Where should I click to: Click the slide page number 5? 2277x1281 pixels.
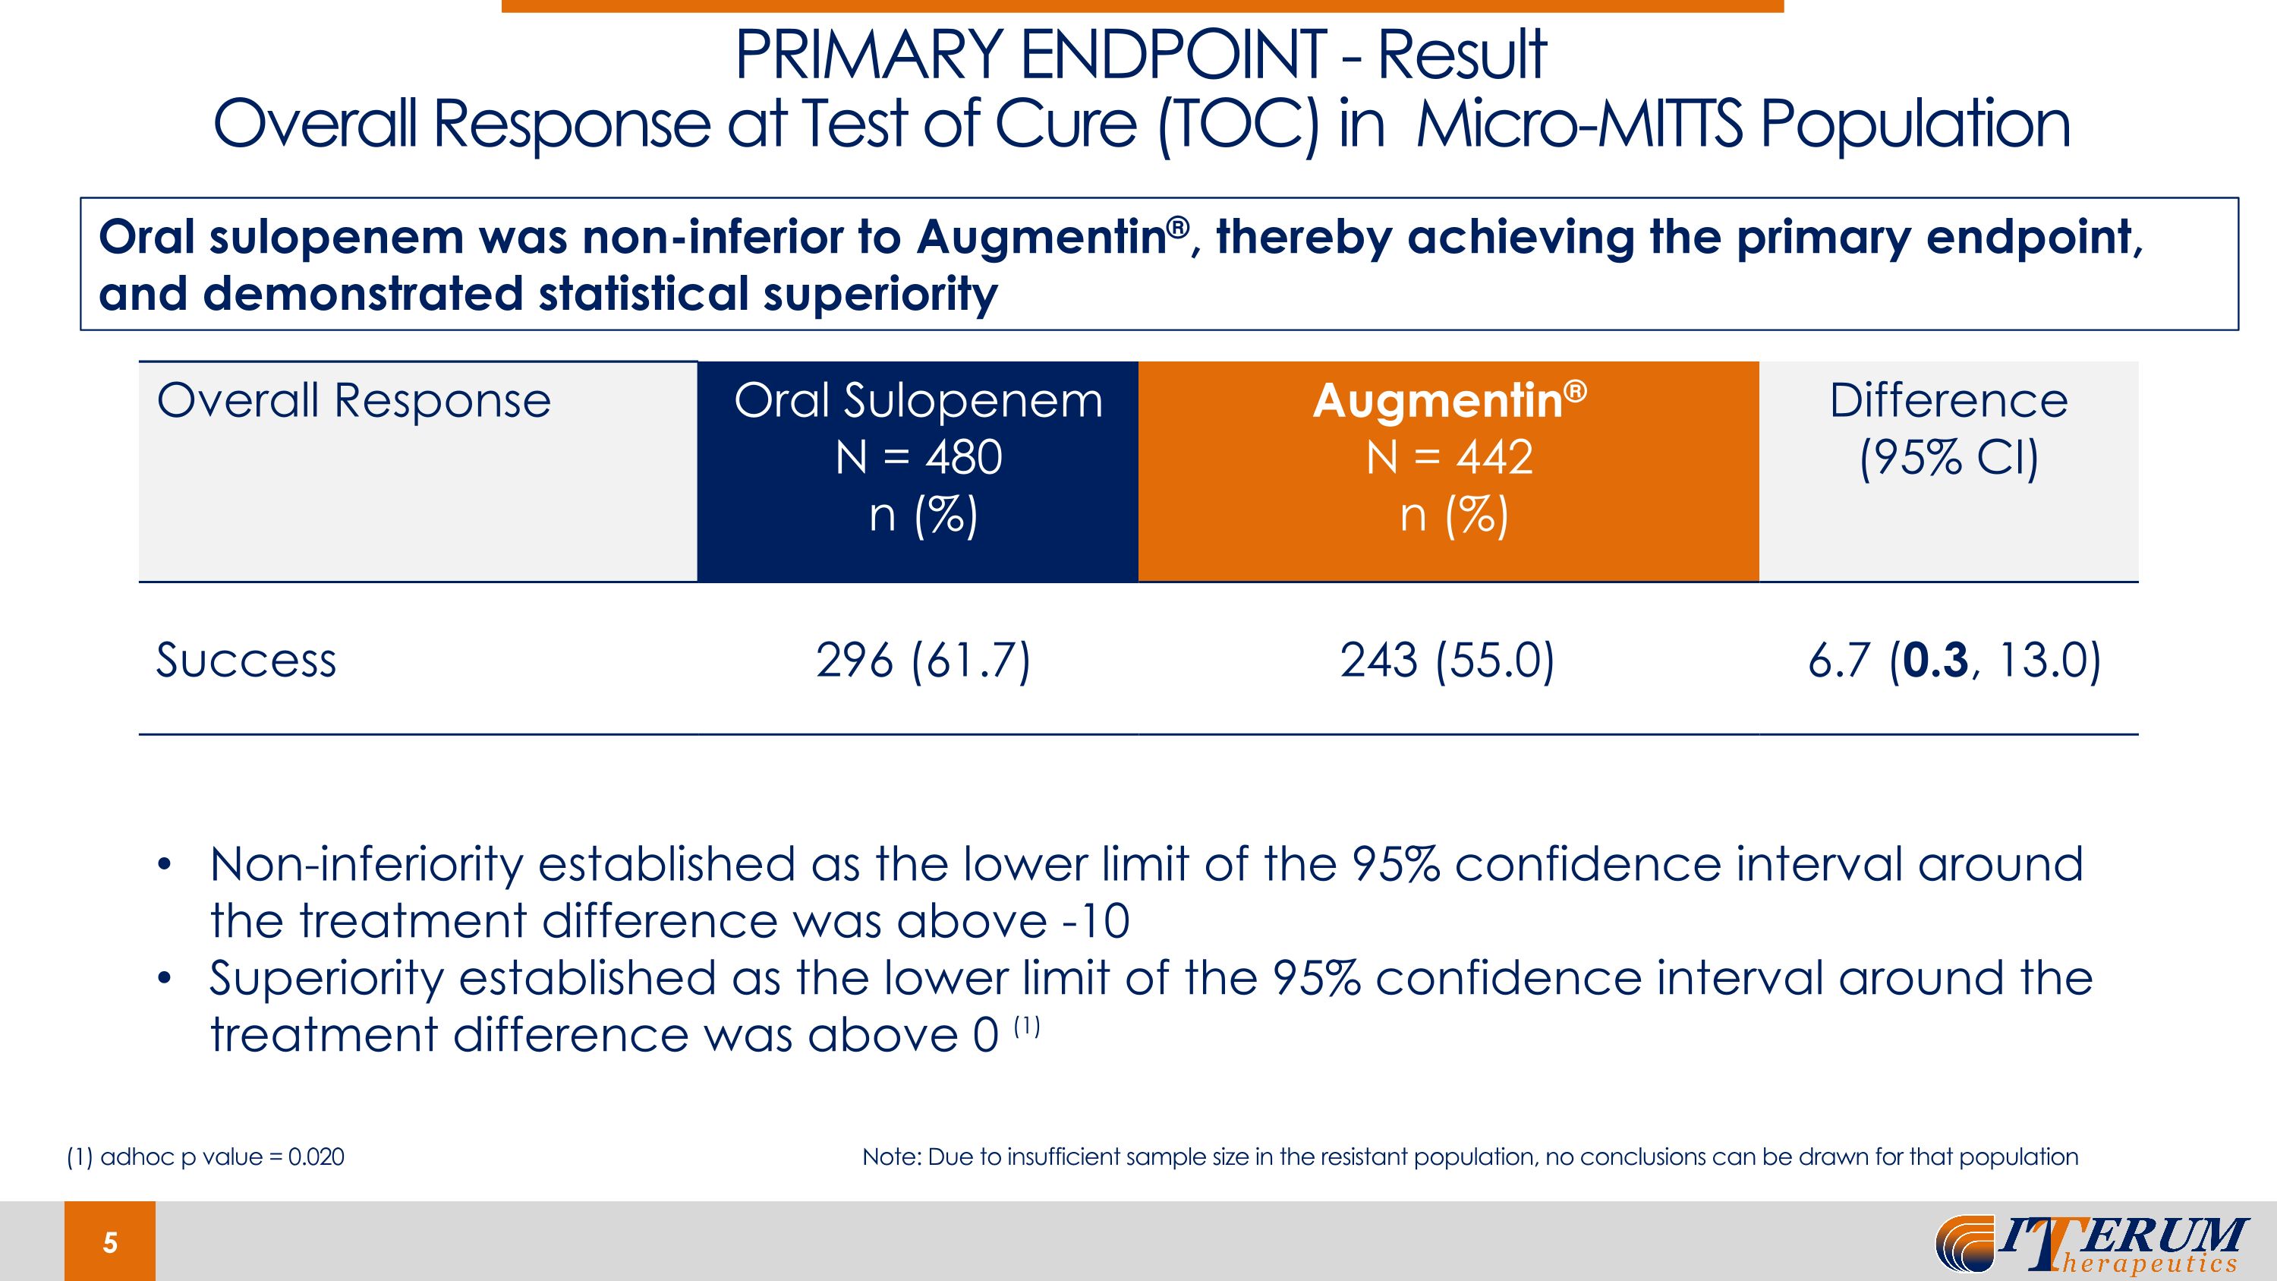(109, 1242)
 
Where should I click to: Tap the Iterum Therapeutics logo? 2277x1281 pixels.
(2091, 1244)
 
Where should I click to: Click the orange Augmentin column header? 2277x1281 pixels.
(1449, 472)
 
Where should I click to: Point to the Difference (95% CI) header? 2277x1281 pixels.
(1949, 430)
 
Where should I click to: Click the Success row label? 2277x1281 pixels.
(247, 660)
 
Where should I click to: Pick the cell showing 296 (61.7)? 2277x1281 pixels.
(923, 661)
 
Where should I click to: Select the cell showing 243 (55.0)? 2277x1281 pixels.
(1447, 661)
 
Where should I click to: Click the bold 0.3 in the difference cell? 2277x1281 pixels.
(1935, 661)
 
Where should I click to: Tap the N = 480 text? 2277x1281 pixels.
(919, 458)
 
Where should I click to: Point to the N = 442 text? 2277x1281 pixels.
(1450, 458)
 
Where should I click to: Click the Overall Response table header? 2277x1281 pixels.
(354, 402)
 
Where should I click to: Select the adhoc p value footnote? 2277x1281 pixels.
(206, 1156)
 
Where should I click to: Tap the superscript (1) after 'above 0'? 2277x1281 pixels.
(1026, 1026)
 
